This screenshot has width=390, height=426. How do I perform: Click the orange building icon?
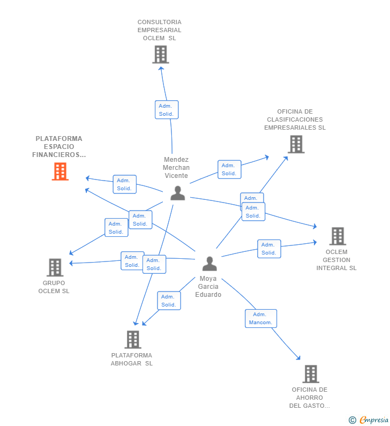[x=61, y=171]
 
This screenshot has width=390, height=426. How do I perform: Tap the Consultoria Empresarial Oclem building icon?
[x=161, y=54]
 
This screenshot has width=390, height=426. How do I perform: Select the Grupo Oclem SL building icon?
[x=55, y=267]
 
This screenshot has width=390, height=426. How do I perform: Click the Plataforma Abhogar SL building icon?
[x=133, y=339]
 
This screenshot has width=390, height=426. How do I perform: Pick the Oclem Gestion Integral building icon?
[x=337, y=236]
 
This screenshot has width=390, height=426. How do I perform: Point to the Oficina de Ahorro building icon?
[x=311, y=374]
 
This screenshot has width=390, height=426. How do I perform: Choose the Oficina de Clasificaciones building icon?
[x=296, y=144]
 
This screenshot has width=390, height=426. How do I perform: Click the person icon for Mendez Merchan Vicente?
[x=178, y=193]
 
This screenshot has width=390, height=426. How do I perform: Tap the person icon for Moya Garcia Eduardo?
[x=209, y=264]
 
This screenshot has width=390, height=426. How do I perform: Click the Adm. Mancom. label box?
[x=261, y=318]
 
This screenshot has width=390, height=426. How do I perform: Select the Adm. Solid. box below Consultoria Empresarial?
[x=167, y=110]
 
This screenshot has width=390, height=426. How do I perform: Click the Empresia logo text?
[x=374, y=420]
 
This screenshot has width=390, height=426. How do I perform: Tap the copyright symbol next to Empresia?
[x=352, y=420]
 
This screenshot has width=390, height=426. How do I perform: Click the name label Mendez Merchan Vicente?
[x=176, y=168]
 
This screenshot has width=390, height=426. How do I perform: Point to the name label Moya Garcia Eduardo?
[x=208, y=287]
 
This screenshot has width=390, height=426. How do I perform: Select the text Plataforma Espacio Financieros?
[x=59, y=147]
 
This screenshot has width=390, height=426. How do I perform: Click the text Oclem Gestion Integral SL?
[x=336, y=260]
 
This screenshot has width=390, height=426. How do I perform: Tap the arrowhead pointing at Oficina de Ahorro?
[x=299, y=358]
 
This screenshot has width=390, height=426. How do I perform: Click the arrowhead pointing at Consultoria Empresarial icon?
[x=161, y=69]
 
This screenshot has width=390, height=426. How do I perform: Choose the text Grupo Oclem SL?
[x=54, y=287]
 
